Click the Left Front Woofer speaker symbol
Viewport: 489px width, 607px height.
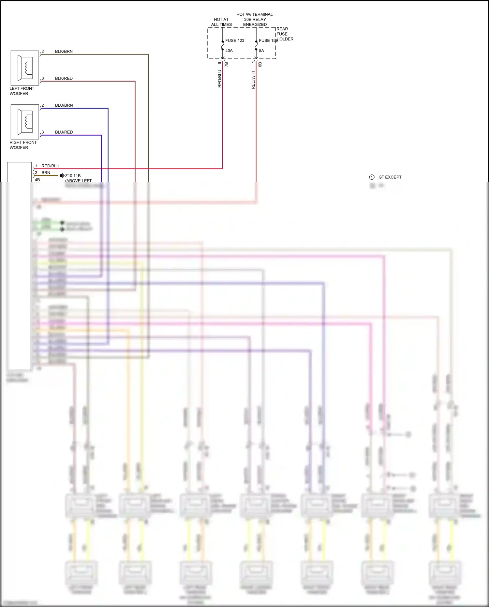[25, 68]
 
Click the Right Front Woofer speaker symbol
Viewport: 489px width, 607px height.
[25, 122]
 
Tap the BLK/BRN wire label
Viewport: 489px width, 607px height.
[64, 52]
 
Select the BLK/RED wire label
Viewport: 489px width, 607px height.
[64, 78]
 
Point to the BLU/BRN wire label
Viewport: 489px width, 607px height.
[64, 105]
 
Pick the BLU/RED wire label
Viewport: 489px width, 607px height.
[64, 132]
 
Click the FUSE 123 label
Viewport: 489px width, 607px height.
[235, 40]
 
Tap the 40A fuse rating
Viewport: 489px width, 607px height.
[229, 51]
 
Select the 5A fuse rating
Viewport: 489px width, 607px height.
[261, 51]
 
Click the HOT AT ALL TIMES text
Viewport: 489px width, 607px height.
[221, 22]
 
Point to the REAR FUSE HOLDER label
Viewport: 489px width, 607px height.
[285, 34]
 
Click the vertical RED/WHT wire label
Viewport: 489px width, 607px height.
[253, 80]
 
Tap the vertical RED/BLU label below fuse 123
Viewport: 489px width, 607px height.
[220, 79]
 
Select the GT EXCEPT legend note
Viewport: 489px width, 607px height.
[390, 177]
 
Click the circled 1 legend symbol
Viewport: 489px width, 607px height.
[372, 177]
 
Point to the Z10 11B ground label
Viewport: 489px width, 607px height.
[73, 175]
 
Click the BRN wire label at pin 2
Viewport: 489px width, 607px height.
[46, 173]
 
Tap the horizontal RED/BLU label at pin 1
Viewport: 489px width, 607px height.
[50, 166]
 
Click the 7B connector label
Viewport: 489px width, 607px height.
[226, 65]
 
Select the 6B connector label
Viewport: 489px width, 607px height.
[260, 65]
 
